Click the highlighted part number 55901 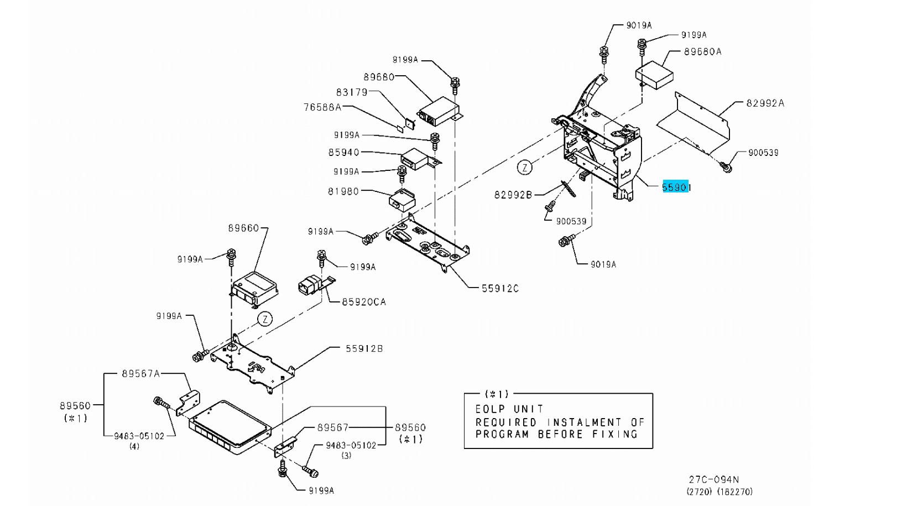[676, 187]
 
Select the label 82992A [765, 103]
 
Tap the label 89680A [702, 51]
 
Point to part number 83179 [352, 92]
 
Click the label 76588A [322, 107]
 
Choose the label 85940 [343, 152]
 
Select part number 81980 [343, 191]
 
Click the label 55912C [500, 288]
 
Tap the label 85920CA [363, 302]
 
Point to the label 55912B [364, 348]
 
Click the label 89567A [140, 374]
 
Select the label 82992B [513, 195]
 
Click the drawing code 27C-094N [713, 479]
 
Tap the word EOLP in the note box [489, 409]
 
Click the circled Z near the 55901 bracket [524, 167]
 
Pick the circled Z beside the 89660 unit [265, 319]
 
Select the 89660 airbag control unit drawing [254, 289]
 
